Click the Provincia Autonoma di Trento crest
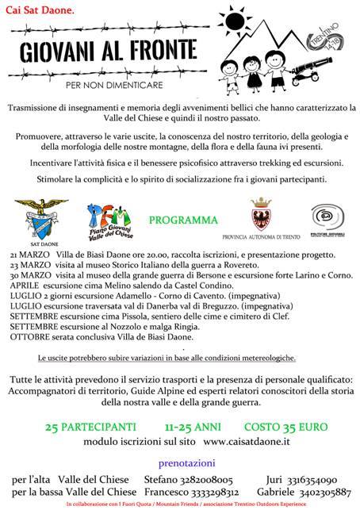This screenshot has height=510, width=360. pos(259,215)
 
